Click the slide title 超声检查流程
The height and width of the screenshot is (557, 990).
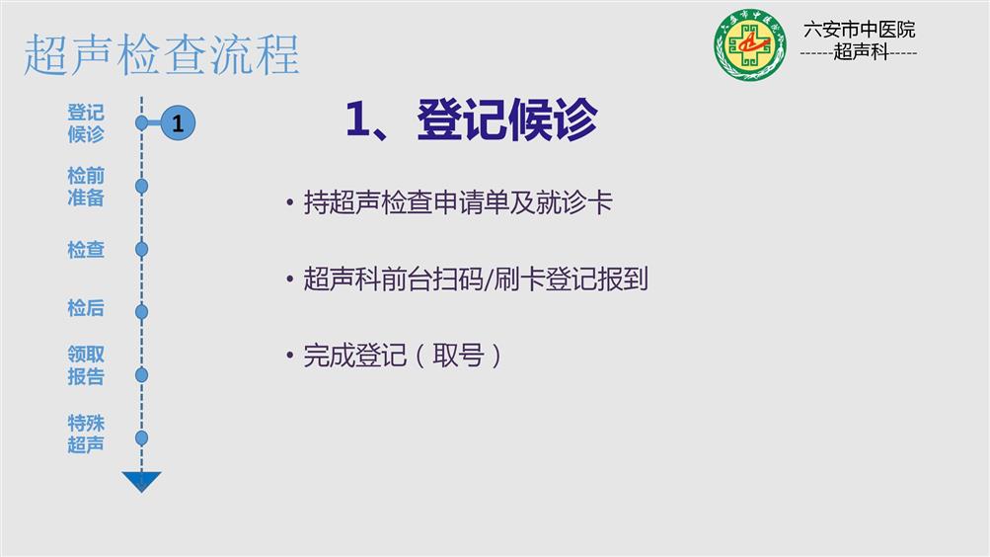[x=162, y=55]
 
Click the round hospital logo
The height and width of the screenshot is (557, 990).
[x=750, y=44]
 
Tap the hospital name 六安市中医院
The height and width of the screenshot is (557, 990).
[x=859, y=29]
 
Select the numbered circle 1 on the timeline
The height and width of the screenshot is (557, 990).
[x=178, y=122]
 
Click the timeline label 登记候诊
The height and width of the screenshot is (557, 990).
[x=86, y=123]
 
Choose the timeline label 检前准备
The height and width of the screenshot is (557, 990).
[x=86, y=187]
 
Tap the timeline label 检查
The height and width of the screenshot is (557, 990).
[x=86, y=250]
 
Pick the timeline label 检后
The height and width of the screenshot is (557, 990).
[x=86, y=308]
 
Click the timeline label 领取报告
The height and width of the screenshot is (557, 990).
[x=86, y=365]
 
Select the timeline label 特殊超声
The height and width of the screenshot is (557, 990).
[x=86, y=434]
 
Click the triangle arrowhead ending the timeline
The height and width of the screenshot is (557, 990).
[x=141, y=481]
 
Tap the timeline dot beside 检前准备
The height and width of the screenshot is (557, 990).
[x=141, y=186]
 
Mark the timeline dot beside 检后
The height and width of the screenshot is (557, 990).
[x=141, y=311]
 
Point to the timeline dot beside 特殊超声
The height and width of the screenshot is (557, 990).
[x=141, y=438]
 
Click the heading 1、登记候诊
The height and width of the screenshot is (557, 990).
[x=471, y=119]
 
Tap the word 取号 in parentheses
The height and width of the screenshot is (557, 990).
[x=458, y=355]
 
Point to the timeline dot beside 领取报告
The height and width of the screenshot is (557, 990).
[x=141, y=374]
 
